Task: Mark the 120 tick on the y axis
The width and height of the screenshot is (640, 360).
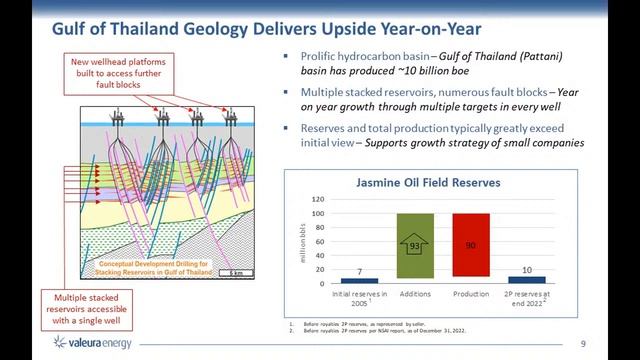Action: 319,198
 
